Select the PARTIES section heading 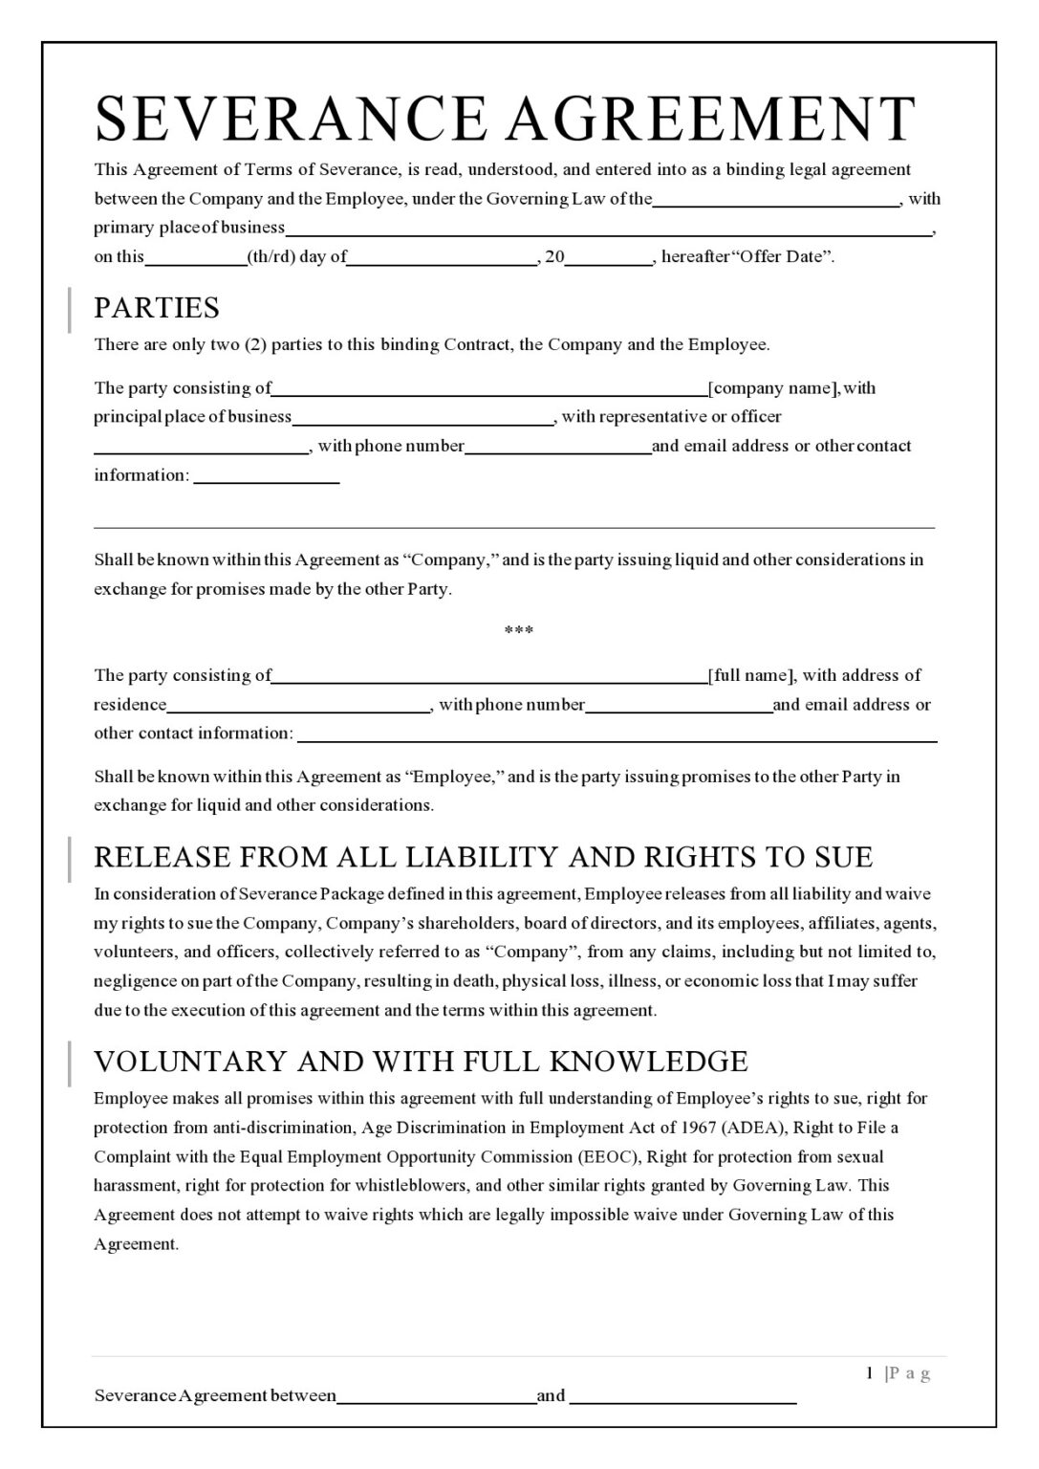click(157, 308)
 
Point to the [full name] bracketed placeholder click(750, 675)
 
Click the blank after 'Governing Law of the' click(775, 200)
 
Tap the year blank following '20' click(609, 257)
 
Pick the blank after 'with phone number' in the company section click(558, 447)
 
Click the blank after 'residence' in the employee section click(298, 706)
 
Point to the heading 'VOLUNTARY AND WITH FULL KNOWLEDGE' click(421, 1062)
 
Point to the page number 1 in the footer click(870, 1373)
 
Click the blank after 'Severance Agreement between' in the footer click(437, 1396)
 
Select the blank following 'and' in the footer click(682, 1396)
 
